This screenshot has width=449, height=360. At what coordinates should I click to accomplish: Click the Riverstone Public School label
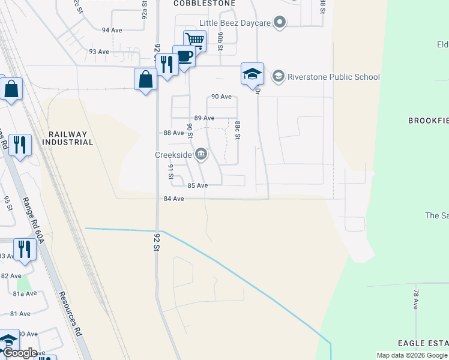334,77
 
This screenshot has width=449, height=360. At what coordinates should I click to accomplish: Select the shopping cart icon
194,40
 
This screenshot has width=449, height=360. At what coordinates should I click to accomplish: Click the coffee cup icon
184,56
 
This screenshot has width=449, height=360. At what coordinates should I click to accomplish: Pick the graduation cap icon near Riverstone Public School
253,74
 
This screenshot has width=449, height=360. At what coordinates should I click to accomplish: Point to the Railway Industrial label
68,139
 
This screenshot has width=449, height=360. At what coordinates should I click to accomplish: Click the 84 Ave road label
173,199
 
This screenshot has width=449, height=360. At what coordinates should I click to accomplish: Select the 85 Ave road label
197,186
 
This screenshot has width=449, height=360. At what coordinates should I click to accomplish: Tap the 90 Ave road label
221,97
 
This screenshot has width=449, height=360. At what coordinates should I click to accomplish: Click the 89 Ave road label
204,118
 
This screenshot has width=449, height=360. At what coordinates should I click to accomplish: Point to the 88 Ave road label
173,133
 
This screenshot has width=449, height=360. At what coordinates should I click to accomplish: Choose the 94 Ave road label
112,29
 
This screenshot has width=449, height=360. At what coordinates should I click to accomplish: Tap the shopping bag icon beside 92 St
145,79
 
